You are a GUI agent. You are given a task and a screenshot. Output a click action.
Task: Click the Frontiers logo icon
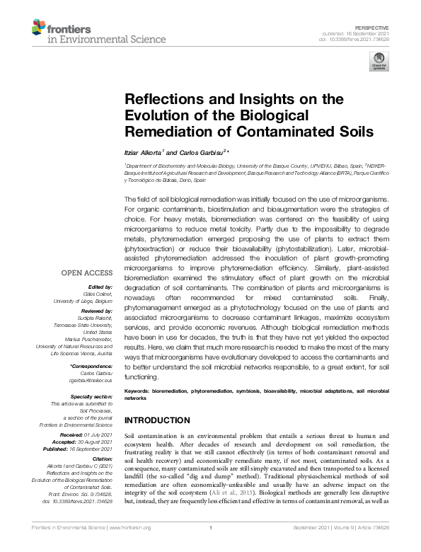[x=41, y=29]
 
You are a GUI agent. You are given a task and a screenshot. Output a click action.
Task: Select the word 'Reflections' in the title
[x=157, y=100]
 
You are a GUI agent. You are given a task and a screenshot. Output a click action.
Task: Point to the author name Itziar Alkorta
[x=142, y=151]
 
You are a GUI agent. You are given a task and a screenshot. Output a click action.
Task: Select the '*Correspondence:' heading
[x=91, y=367]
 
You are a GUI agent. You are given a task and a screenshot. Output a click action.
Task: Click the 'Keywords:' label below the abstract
[x=138, y=391]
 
